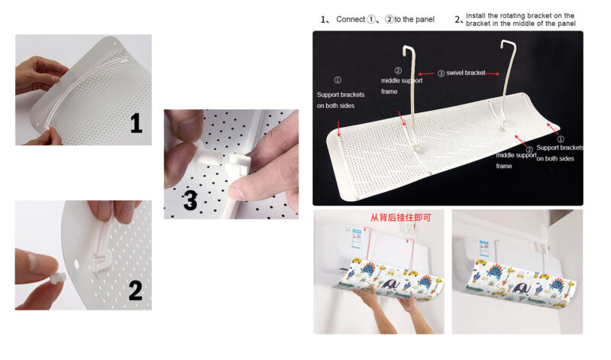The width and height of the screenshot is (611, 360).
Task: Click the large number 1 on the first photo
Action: (136, 123)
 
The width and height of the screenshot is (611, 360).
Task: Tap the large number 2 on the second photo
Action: (135, 290)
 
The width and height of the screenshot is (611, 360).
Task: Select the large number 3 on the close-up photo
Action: (190, 200)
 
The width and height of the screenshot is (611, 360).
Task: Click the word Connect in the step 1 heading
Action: (351, 19)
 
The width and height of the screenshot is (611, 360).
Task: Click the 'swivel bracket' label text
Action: (466, 73)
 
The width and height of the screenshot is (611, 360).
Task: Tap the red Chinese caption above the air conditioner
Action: (400, 217)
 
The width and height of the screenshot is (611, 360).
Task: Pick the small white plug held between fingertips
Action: (58, 277)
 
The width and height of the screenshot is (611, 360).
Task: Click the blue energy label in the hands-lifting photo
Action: (357, 239)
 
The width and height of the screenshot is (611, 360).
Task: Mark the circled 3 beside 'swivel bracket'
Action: (441, 73)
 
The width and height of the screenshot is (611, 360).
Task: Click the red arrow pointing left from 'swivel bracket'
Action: (426, 73)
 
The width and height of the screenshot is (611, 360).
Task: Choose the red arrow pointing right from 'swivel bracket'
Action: (492, 73)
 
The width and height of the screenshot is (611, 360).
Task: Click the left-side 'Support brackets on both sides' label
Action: (340, 100)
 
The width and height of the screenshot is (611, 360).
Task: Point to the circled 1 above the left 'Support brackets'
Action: (338, 80)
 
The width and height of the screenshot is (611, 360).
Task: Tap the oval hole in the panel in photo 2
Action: (76, 264)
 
